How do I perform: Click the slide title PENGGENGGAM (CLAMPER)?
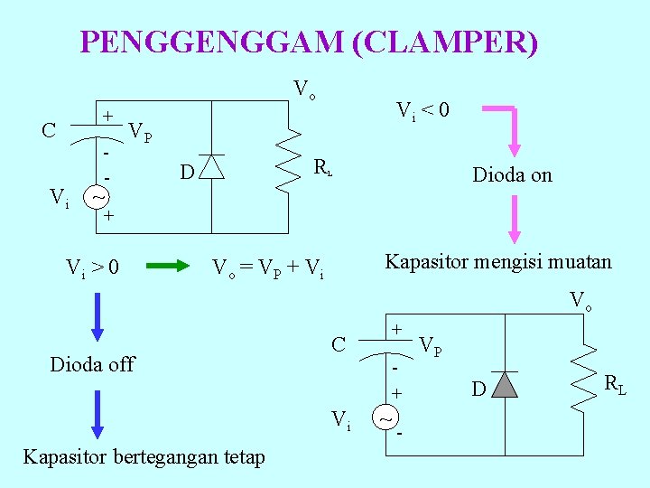click(x=309, y=42)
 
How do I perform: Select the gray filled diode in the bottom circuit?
click(x=506, y=385)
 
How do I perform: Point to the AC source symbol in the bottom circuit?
click(x=385, y=419)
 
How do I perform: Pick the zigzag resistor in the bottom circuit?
click(x=586, y=374)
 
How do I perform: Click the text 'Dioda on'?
click(x=512, y=175)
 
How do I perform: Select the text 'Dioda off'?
click(x=92, y=364)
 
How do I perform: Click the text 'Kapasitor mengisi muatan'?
click(x=498, y=262)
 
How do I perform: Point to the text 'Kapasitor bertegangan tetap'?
click(x=144, y=456)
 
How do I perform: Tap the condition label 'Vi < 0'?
click(x=423, y=111)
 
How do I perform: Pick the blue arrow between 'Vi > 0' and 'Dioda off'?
click(x=97, y=316)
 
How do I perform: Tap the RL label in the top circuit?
click(x=323, y=167)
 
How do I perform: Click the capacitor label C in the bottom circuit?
click(x=339, y=344)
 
